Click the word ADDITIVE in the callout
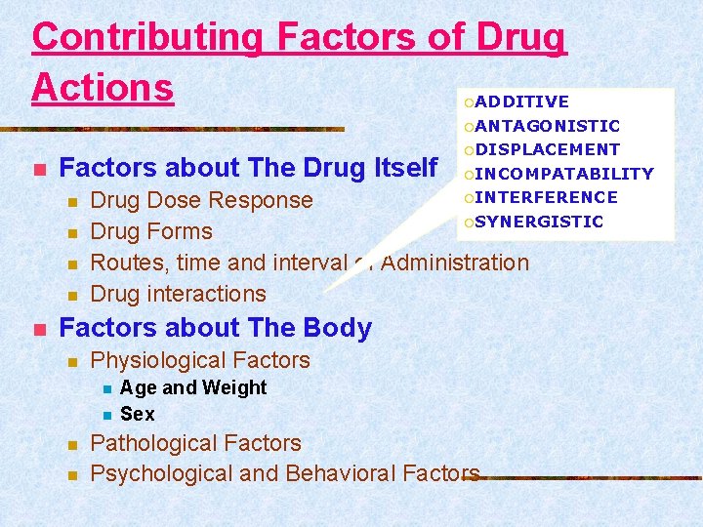click(522, 101)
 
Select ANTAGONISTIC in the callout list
click(547, 126)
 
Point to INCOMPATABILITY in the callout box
click(563, 174)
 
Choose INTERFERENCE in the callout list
click(546, 197)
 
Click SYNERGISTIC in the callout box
click(539, 222)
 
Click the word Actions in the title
click(103, 86)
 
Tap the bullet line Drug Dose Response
click(201, 200)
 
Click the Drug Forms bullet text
click(150, 231)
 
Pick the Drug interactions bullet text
click(178, 294)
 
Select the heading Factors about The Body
click(216, 328)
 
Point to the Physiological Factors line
click(199, 360)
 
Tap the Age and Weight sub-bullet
click(192, 387)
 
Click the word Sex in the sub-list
click(137, 414)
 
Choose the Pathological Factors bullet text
click(195, 443)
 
